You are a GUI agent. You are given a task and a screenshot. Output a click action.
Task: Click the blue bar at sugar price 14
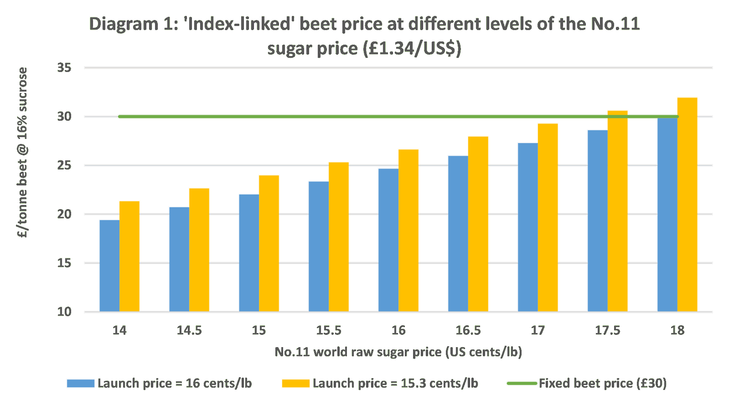tap(109, 265)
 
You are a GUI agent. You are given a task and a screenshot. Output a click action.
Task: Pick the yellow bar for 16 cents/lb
tap(408, 230)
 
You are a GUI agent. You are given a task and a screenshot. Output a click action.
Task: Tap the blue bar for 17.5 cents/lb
tap(597, 220)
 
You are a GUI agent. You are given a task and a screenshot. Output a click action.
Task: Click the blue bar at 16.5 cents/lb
tap(457, 233)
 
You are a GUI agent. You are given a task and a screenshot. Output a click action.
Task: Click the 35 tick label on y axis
tap(64, 68)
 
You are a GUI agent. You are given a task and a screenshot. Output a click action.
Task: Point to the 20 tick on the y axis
tap(64, 214)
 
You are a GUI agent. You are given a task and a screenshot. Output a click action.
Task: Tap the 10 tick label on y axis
tap(64, 312)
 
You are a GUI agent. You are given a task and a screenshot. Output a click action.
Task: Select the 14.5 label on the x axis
tap(189, 330)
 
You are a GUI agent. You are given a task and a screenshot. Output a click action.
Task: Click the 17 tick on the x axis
tap(538, 330)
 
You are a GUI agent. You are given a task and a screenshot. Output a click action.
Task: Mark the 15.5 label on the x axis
tap(329, 330)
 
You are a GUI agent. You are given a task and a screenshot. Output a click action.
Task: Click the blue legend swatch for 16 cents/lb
tap(80, 383)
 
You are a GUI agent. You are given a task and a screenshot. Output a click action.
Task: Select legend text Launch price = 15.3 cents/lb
tap(395, 383)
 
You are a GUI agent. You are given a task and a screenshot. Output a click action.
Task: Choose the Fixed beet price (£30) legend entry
tap(602, 383)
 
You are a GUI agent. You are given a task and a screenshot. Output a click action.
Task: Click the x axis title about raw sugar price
tap(398, 352)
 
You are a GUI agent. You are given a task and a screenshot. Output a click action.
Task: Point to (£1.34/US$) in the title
tap(412, 48)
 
